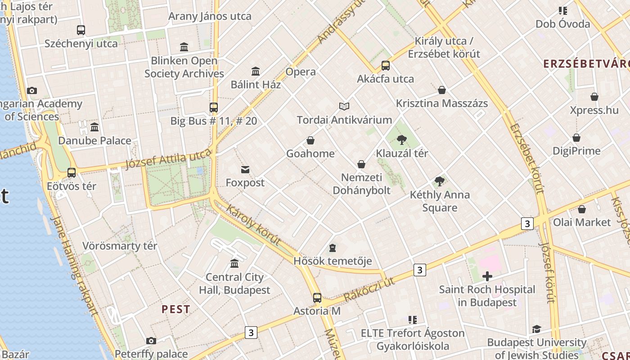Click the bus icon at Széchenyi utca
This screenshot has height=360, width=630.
(81, 30)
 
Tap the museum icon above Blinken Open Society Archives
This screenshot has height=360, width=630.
(184, 47)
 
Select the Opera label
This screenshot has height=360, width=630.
(301, 72)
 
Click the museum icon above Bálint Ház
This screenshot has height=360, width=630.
(256, 71)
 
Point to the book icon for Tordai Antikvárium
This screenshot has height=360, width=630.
(344, 106)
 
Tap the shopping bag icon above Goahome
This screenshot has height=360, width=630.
(310, 140)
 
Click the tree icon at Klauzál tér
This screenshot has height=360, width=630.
(402, 140)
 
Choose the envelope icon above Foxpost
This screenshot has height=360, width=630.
(245, 170)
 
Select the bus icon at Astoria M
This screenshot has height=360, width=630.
(317, 297)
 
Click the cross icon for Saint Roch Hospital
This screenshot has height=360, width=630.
(487, 276)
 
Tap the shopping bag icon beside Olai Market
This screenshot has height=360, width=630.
(582, 209)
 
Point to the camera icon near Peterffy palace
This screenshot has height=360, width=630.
(151, 341)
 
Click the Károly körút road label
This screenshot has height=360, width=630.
(253, 225)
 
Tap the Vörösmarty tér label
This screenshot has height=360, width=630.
(120, 246)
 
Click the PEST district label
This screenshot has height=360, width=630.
(175, 309)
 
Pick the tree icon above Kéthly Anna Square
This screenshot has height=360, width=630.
(440, 181)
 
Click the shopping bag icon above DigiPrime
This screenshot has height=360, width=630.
(576, 138)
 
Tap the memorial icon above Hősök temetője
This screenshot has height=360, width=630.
(333, 247)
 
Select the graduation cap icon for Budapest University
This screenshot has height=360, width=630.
(536, 329)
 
